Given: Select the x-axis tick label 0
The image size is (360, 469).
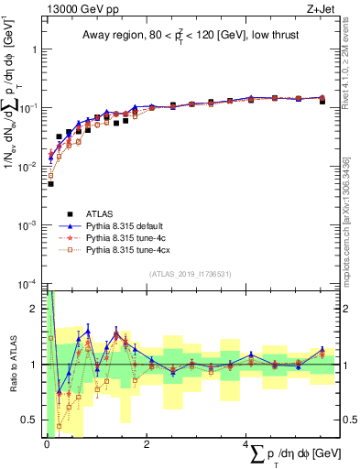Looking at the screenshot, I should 47,444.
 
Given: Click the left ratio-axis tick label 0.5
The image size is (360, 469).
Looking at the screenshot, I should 33,420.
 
